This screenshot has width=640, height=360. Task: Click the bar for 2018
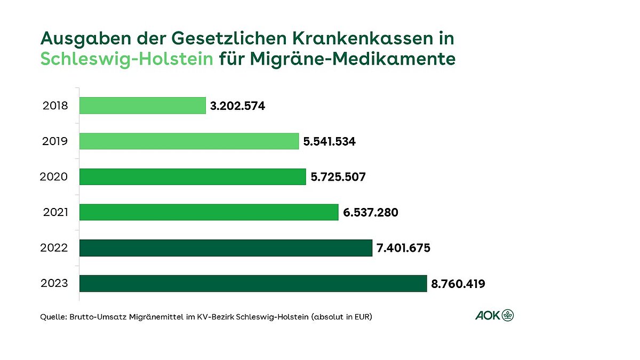point(142,106)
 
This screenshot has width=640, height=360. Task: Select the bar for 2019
point(189,141)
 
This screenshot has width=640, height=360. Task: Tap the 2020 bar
point(193,177)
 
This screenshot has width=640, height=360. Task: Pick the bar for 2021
point(209,212)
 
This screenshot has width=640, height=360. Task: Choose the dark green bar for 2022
point(226,248)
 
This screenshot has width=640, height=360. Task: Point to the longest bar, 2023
point(253,283)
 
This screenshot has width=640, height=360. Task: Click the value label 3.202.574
point(237,106)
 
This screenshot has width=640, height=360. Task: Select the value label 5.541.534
point(329,142)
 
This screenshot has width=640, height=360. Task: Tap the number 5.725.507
point(338,177)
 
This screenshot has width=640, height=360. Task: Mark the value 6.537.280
point(371,213)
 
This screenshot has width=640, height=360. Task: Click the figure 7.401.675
point(403,249)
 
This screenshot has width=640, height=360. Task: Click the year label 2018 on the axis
point(55,106)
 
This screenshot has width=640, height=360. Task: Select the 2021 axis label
point(55,212)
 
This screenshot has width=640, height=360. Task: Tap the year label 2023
point(54,283)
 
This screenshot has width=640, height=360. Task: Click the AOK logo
point(494,315)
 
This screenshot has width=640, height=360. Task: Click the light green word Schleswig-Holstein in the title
point(127,59)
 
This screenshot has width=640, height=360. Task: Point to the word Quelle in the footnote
point(52,317)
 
